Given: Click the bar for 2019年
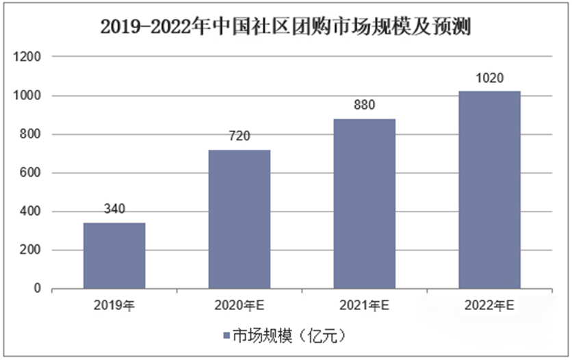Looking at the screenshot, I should tap(114, 256).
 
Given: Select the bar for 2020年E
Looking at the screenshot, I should tap(239, 219).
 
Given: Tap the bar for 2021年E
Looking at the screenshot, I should tap(364, 204).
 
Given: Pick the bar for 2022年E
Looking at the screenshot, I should tap(489, 190).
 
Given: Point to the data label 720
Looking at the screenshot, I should tap(239, 136).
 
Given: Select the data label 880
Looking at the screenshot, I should tap(364, 105).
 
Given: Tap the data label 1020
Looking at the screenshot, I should tap(489, 78).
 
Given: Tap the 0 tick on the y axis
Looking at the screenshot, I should tap(38, 290).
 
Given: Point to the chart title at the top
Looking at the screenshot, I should tap(285, 27).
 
